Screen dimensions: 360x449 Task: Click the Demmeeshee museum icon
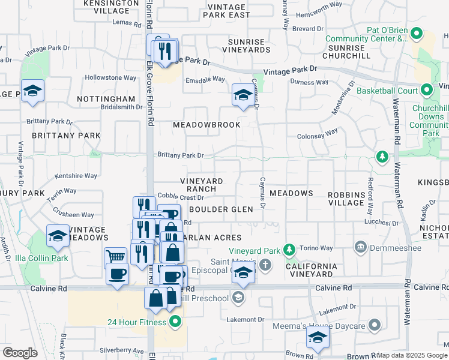[x=360, y=246]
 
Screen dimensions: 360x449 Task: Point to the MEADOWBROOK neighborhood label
[x=206, y=125]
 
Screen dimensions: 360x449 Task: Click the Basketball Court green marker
[x=427, y=91]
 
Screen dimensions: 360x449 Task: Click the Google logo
[x=20, y=353]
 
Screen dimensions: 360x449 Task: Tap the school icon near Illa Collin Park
[x=58, y=236]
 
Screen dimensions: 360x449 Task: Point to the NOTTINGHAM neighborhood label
[x=106, y=98]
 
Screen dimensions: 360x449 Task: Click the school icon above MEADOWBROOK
[x=243, y=95]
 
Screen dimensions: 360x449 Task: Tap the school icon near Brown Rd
[x=318, y=337]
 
